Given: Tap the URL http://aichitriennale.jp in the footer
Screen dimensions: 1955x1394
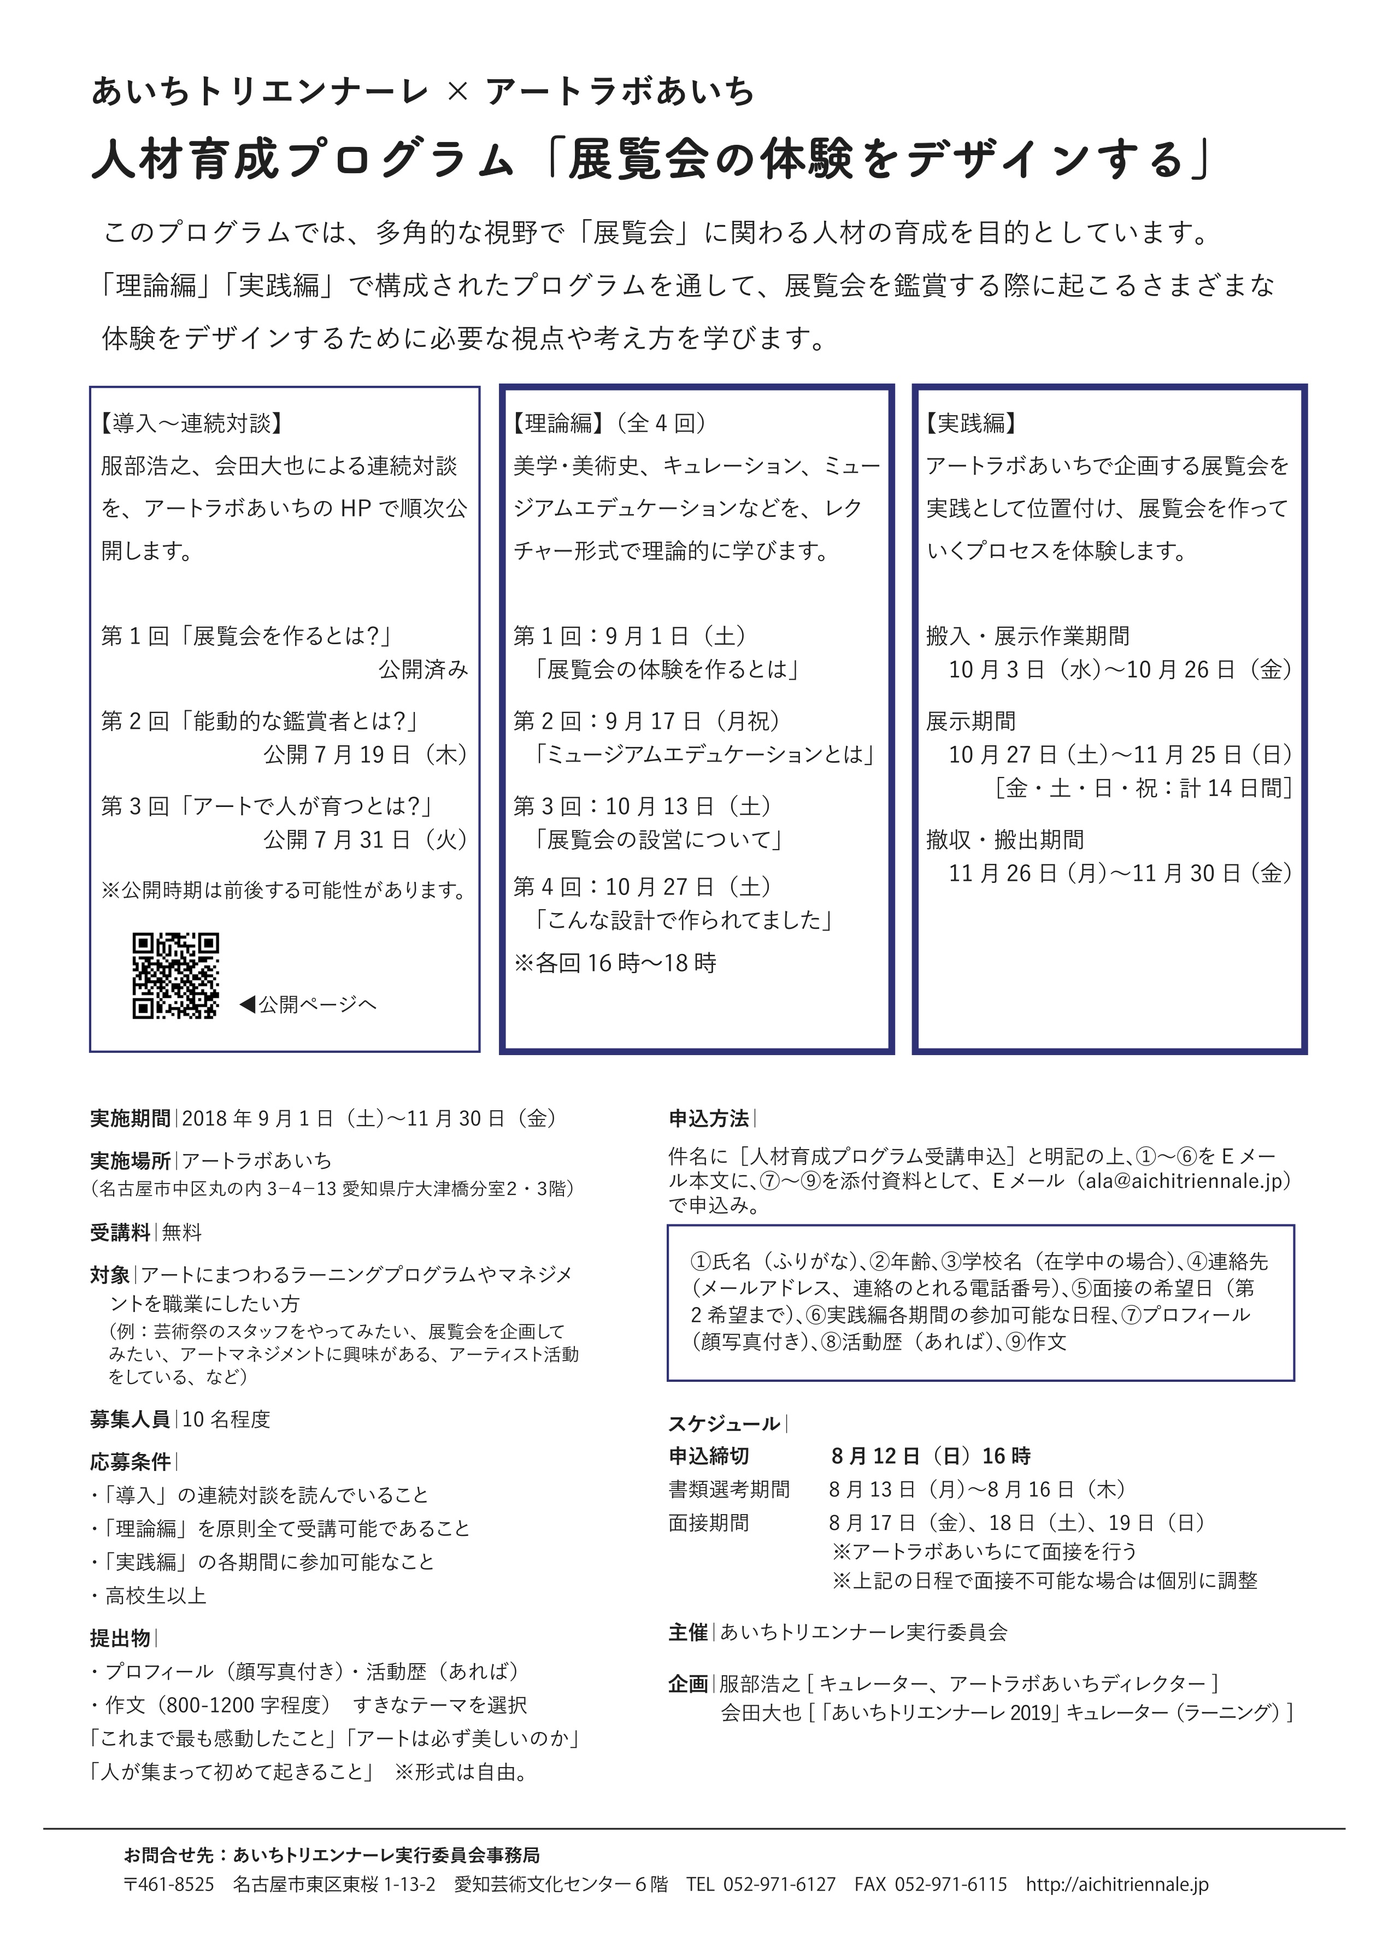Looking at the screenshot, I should (x=1117, y=1885).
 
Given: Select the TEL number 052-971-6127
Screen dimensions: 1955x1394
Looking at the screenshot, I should (x=779, y=1885).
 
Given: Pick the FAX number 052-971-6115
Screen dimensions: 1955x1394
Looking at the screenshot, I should (x=950, y=1885).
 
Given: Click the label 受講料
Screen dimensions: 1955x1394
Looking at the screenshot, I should (x=120, y=1232).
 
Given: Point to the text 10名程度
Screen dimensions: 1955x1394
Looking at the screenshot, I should (x=226, y=1420).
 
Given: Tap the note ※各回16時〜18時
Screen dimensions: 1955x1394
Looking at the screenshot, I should (x=615, y=963).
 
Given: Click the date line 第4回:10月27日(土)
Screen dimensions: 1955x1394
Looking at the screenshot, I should (x=642, y=887).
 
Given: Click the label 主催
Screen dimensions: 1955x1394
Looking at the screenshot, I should (x=689, y=1632).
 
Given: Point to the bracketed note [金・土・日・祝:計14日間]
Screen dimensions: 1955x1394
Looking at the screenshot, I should (x=1143, y=788).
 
